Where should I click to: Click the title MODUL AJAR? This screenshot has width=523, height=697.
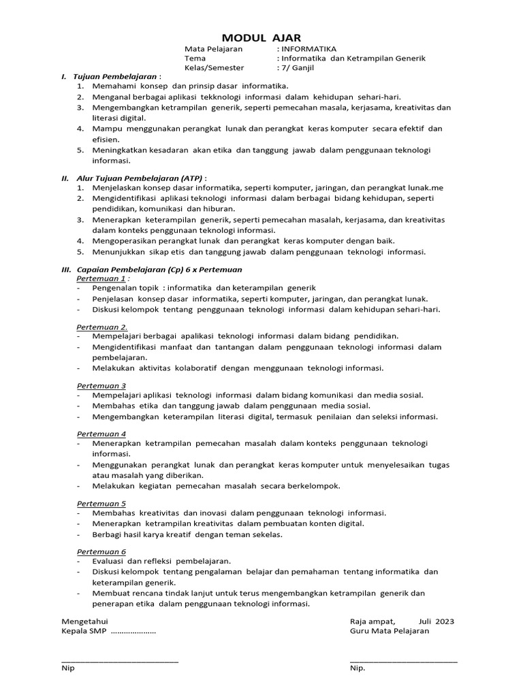tap(261, 38)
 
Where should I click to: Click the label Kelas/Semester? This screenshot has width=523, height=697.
tap(214, 68)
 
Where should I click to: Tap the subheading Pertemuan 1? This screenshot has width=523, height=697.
tap(101, 278)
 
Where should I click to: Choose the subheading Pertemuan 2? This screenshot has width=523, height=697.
tap(101, 327)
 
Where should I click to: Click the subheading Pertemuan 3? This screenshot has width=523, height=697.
tap(101, 385)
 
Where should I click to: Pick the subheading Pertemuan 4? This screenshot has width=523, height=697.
tap(101, 434)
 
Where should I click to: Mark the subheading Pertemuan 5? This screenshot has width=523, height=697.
tap(101, 503)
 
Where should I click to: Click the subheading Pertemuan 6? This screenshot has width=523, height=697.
tap(101, 551)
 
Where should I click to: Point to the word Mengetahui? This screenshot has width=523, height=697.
tap(84, 621)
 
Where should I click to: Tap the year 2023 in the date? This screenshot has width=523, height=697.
tap(445, 621)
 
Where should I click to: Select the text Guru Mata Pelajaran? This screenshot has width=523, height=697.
tap(390, 631)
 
